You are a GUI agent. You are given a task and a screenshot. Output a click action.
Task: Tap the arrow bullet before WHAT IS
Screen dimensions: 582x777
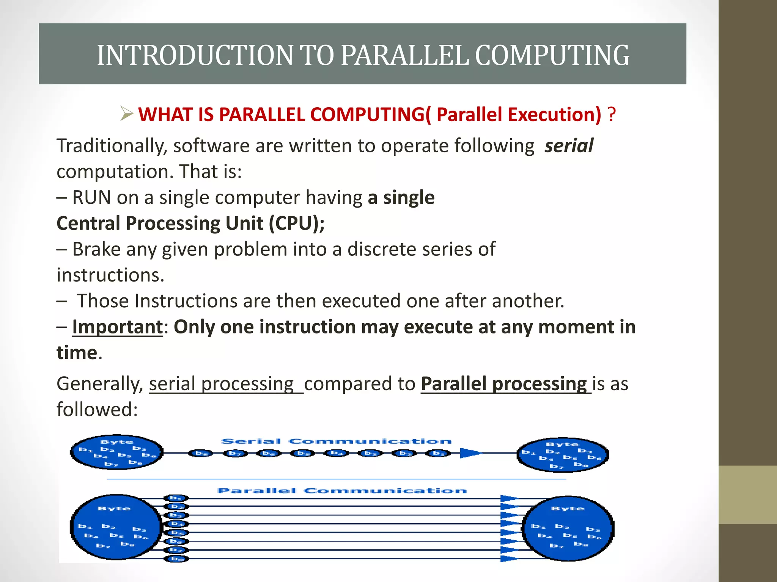126,114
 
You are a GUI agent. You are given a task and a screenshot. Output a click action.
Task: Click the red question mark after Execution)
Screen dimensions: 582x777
611,114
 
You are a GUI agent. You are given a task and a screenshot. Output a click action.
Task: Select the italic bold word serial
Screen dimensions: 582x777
568,146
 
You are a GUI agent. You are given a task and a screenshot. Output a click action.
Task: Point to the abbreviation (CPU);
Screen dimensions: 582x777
296,223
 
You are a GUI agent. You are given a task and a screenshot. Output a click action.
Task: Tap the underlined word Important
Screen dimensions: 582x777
117,327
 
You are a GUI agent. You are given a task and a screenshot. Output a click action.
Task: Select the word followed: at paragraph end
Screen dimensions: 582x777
97,410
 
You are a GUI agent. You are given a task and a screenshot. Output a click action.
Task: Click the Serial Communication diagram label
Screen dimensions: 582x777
336,441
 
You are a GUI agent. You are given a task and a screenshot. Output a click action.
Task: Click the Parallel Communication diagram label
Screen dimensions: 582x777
342,491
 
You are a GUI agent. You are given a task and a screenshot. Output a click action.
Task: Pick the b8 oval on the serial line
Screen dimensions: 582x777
201,453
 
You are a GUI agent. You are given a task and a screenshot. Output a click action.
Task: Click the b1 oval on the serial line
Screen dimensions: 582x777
438,453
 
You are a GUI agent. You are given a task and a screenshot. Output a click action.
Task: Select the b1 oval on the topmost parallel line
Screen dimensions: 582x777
176,498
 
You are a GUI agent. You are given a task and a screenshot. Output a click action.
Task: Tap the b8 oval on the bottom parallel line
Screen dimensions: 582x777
176,559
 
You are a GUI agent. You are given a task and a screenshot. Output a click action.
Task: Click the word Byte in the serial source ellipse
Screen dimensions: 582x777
116,442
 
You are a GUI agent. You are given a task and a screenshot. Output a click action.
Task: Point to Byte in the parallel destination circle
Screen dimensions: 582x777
567,508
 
